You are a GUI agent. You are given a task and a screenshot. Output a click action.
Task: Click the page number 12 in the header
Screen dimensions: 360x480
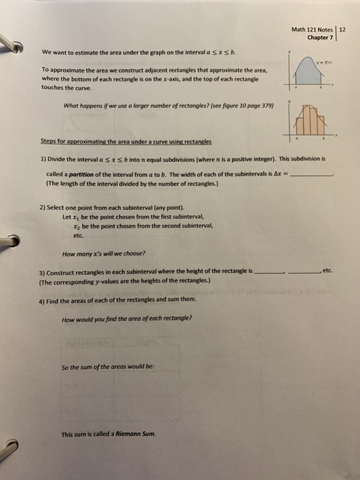tap(344, 29)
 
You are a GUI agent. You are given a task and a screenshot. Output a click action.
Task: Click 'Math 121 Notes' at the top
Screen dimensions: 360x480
tap(311, 29)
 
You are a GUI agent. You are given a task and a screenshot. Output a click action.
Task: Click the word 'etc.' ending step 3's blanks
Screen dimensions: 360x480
tap(326, 272)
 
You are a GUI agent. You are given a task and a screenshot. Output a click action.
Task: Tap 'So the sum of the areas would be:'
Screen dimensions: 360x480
tap(107, 366)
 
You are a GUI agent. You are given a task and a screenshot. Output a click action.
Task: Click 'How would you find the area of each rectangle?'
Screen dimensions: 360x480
tap(127, 318)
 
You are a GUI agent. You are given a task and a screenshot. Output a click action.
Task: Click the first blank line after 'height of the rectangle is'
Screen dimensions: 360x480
tap(269, 272)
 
